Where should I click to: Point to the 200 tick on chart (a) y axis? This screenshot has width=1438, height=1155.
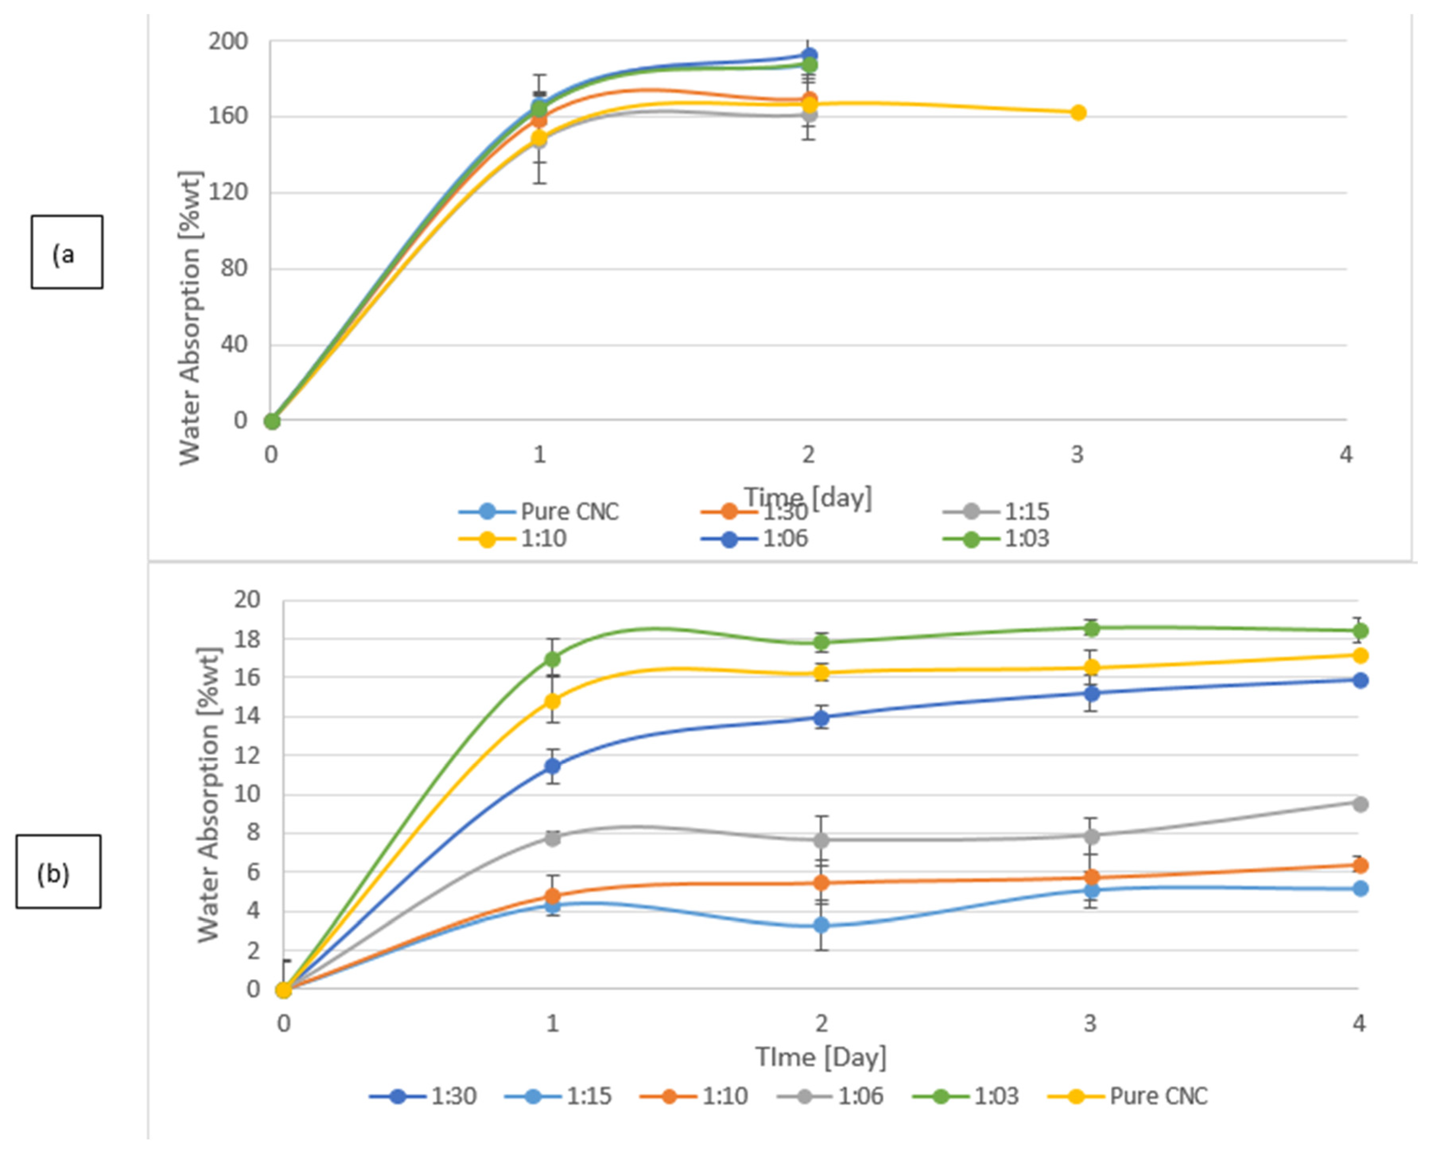click(x=228, y=41)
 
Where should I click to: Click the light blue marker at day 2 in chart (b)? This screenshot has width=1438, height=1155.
click(x=822, y=926)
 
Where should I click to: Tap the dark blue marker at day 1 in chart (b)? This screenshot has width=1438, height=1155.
click(x=552, y=766)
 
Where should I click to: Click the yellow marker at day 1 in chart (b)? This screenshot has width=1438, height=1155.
click(x=552, y=701)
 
